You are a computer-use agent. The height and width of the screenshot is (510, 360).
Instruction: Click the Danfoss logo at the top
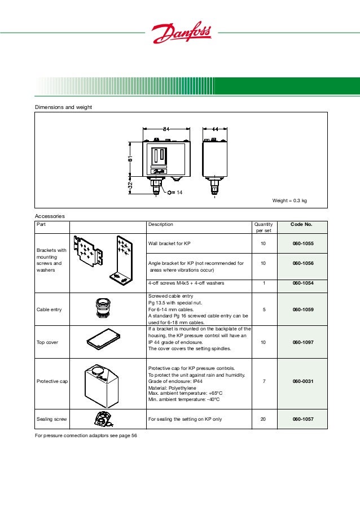pos(180,34)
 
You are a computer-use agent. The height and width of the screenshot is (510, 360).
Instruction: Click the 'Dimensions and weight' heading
pos(63,107)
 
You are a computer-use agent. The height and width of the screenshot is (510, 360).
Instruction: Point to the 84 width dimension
pos(166,129)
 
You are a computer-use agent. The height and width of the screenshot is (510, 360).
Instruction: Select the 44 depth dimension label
pos(215,129)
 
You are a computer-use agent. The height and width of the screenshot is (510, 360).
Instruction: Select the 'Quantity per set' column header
pos(264,228)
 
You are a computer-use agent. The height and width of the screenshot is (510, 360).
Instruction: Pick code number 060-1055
pos(303,243)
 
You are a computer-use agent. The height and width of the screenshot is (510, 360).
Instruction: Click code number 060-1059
pos(303,310)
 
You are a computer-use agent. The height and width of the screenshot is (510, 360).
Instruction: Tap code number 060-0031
pos(303,381)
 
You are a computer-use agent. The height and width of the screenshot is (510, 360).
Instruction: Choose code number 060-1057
pos(303,420)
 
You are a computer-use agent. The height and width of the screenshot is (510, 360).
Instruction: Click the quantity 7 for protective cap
pos(264,381)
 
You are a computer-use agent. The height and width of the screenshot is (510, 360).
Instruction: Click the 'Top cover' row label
pos(47,342)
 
